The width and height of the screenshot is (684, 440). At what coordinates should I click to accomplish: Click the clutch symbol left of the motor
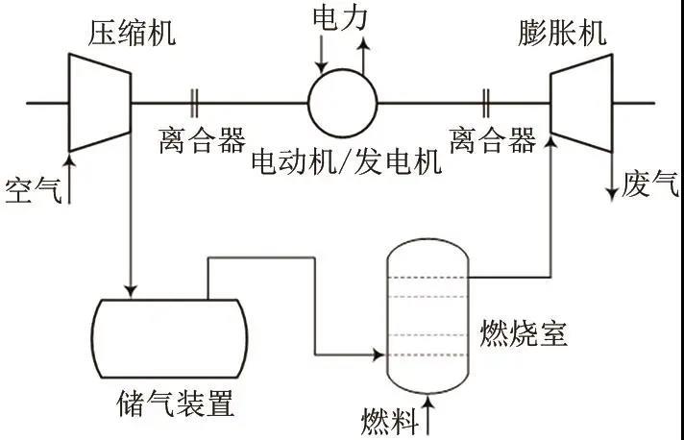tap(196, 100)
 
